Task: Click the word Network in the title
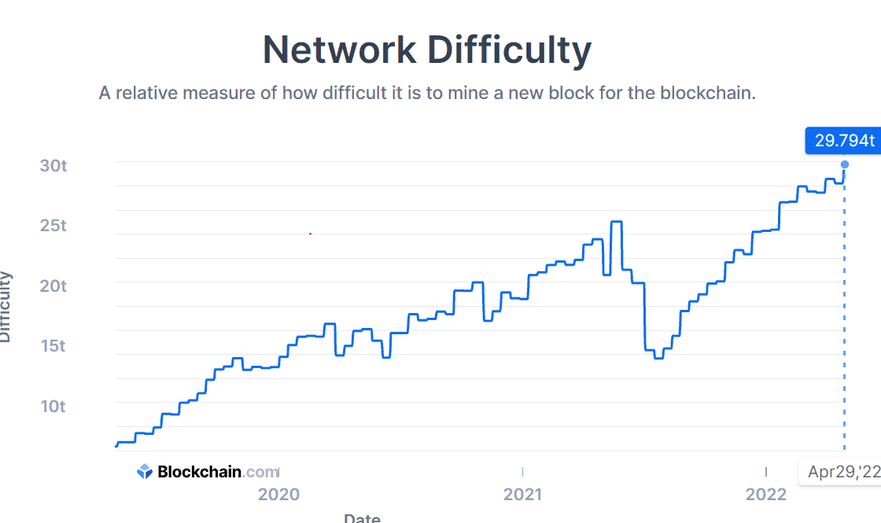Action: (x=339, y=50)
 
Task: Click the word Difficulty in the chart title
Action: (x=509, y=50)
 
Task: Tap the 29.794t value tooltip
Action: (x=844, y=141)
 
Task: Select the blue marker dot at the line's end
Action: (x=845, y=164)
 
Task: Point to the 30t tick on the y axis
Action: (x=54, y=166)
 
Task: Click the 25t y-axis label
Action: (x=54, y=226)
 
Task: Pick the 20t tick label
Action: (x=54, y=285)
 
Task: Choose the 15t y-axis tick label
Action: (x=54, y=345)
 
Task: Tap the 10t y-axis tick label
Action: (x=54, y=406)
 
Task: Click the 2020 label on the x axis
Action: (x=278, y=495)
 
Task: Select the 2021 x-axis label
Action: (x=522, y=495)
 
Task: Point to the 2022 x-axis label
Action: (x=765, y=495)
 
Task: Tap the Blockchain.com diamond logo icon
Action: (x=145, y=472)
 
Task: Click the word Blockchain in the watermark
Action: (x=200, y=472)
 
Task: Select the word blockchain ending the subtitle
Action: (x=707, y=93)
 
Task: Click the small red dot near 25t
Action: (x=310, y=234)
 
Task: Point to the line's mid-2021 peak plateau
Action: (x=616, y=222)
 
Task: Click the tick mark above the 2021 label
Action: (x=522, y=471)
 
